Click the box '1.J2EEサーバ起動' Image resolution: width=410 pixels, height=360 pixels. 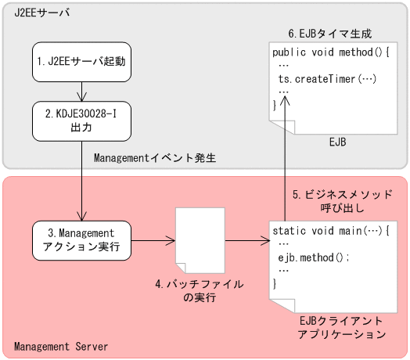(x=81, y=60)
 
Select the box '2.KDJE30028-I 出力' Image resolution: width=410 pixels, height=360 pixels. (x=81, y=120)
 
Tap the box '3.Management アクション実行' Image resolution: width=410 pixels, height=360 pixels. (x=81, y=239)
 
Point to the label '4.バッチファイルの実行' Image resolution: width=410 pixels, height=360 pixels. (x=199, y=290)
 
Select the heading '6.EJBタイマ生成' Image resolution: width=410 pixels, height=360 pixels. (x=329, y=34)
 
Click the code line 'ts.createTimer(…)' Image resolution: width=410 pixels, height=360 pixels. (x=326, y=80)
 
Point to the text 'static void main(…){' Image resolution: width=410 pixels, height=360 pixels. (x=329, y=231)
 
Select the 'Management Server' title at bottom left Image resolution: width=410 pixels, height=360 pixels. (x=61, y=346)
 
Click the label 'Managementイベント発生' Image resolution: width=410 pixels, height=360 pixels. (x=154, y=157)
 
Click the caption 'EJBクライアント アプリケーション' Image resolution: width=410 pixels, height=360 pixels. (x=341, y=327)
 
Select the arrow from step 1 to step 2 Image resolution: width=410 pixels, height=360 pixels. (x=81, y=90)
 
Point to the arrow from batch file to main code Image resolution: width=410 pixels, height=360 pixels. (x=243, y=239)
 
